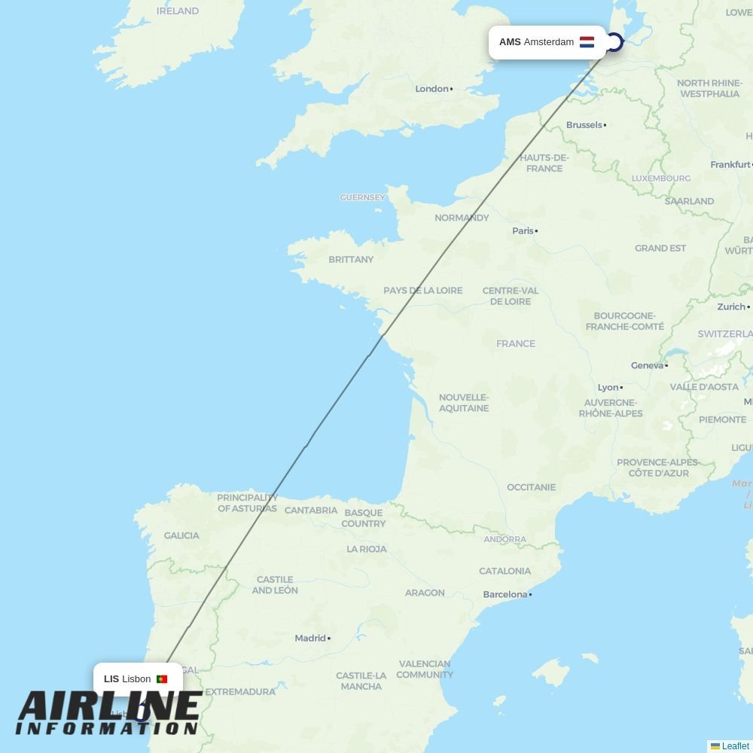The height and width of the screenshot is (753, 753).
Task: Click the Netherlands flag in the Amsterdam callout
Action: click(587, 42)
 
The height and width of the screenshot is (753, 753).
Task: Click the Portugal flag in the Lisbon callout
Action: click(162, 679)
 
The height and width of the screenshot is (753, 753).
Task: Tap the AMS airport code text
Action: click(510, 42)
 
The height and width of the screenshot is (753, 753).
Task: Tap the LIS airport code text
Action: click(111, 679)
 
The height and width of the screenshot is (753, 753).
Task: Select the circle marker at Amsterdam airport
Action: click(614, 42)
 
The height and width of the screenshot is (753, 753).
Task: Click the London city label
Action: click(432, 89)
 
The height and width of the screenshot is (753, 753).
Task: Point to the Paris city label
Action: click(523, 231)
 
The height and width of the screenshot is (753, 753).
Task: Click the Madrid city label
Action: click(310, 639)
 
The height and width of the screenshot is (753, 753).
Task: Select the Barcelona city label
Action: click(505, 595)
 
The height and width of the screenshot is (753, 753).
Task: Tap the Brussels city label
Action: click(584, 125)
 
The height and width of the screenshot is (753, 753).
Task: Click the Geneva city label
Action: click(647, 366)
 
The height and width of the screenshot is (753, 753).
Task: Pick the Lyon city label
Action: click(608, 388)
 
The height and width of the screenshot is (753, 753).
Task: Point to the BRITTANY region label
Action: click(351, 260)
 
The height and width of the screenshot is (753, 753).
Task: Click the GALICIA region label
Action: click(181, 536)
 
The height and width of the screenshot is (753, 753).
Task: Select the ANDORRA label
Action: click(505, 540)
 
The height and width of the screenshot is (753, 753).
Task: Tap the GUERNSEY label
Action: click(362, 198)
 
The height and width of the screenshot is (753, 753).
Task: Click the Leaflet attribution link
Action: click(735, 746)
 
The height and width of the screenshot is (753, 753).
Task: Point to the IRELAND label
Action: click(178, 11)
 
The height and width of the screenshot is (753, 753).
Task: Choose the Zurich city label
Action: click(731, 307)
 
